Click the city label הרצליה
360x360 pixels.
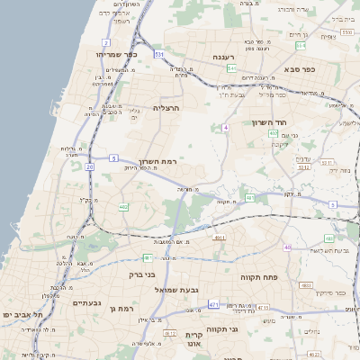[x=167, y=107]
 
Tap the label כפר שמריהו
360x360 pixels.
[x=115, y=55]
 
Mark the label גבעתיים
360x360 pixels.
[x=89, y=303]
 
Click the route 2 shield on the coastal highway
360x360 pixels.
[x=106, y=42]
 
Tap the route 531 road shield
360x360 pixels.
[x=158, y=55]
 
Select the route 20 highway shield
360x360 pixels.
[x=89, y=166]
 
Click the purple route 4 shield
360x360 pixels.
[x=226, y=128]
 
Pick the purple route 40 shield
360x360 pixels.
[x=288, y=247]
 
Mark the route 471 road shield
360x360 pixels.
[x=213, y=305]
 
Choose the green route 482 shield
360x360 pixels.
[x=123, y=207]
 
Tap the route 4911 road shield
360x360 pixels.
[x=219, y=238]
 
